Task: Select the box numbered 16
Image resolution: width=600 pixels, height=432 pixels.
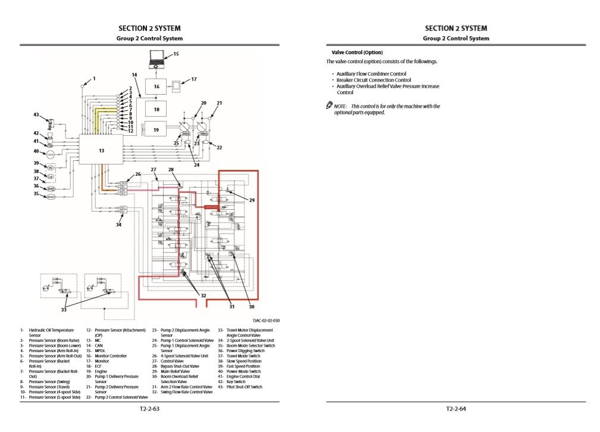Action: coord(157,87)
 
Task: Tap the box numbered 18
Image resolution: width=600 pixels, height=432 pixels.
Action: coord(157,110)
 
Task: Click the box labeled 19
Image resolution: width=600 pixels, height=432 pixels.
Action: coord(157,129)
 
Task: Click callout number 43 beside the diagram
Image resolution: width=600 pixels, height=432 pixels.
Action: coord(36,114)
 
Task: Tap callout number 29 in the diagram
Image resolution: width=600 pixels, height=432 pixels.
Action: coord(252,200)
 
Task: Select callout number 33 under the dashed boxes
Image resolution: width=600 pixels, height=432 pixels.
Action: coord(64,310)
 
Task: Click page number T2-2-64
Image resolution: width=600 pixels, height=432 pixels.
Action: coord(456,409)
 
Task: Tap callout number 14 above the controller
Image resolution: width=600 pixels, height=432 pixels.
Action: coord(135,75)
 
